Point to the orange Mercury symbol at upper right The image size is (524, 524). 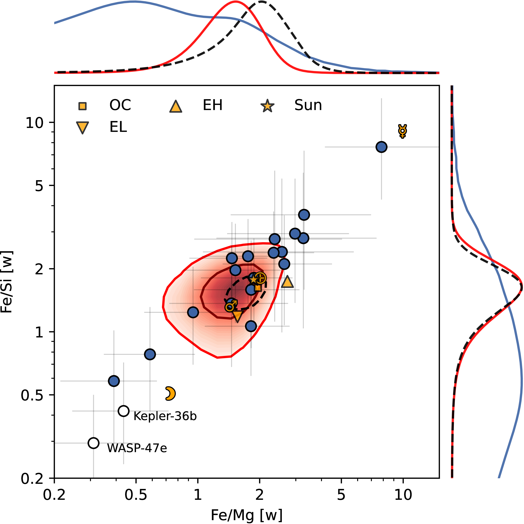[403, 131]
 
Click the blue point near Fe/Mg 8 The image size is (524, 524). [381, 147]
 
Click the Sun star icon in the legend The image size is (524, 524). [267, 106]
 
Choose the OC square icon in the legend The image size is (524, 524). [82, 106]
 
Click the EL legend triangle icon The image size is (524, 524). [82, 128]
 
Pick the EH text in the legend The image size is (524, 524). [213, 105]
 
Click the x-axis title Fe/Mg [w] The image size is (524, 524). [246, 515]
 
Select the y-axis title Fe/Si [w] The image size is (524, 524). [7, 282]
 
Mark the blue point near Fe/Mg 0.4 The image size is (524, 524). [114, 381]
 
